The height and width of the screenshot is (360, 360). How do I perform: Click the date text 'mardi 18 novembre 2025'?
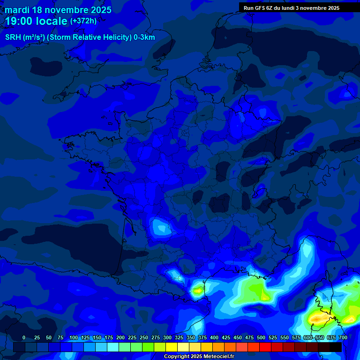click(58, 10)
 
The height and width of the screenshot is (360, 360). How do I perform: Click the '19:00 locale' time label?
click(36, 22)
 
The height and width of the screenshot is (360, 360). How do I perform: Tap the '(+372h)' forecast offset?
click(83, 21)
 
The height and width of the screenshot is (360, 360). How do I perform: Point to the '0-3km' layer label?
click(144, 37)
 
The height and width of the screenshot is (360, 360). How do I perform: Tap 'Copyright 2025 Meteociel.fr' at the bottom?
click(199, 357)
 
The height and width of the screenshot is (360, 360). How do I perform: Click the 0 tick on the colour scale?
click(24, 338)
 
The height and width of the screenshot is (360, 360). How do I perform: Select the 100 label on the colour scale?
click(74, 338)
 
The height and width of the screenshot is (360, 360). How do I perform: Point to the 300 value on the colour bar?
click(167, 338)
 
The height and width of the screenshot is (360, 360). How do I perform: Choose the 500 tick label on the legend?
click(261, 338)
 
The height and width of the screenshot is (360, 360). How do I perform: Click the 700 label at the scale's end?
click(343, 338)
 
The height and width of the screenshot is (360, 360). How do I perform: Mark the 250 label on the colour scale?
click(144, 338)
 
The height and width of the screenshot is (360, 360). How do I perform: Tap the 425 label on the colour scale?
click(226, 338)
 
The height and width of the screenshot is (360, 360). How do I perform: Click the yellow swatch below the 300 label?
click(172, 347)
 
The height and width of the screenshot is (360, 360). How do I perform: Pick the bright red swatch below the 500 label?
click(265, 347)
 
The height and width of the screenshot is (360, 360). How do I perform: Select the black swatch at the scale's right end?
click(336, 347)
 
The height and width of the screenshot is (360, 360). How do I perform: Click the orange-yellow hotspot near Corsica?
click(319, 319)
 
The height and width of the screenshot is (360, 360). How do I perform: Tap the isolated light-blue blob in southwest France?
click(162, 228)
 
